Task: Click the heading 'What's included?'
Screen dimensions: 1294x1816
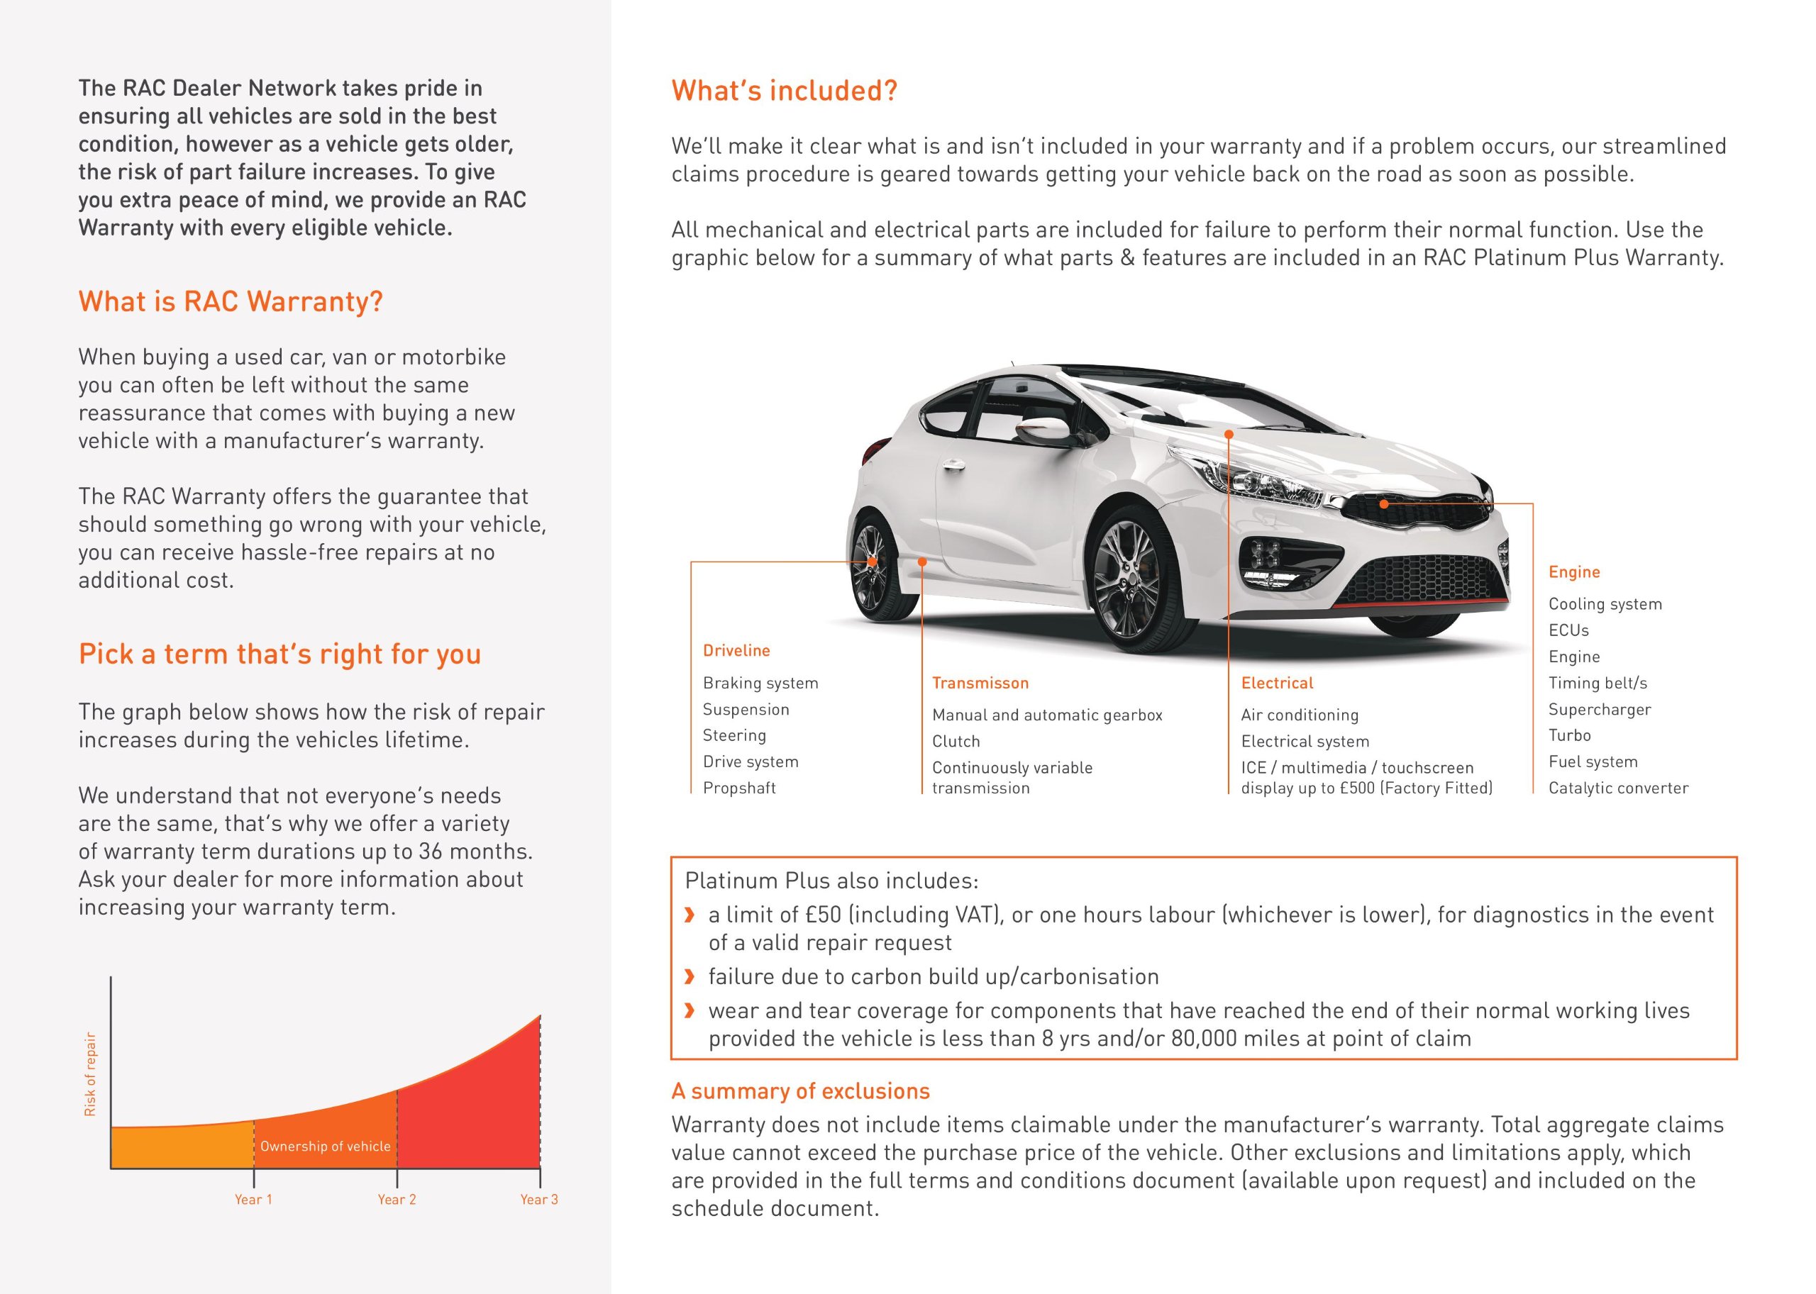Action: point(784,91)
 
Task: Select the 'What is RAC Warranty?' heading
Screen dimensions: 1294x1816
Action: point(231,301)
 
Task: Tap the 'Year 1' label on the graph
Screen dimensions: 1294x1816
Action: point(253,1199)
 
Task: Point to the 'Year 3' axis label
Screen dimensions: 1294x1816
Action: point(539,1199)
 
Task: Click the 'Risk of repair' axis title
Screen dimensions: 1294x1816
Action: point(90,1073)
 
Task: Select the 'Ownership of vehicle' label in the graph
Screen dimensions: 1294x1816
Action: point(326,1146)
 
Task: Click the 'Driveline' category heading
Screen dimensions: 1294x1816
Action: point(736,650)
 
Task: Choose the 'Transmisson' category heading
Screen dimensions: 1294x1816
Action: point(980,683)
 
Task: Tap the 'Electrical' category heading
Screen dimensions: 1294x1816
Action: point(1276,683)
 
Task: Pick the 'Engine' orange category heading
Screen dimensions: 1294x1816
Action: point(1573,571)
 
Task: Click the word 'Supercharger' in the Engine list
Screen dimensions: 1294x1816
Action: point(1599,709)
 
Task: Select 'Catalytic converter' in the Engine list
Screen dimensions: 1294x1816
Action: point(1617,788)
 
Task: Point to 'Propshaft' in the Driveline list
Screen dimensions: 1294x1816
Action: point(739,788)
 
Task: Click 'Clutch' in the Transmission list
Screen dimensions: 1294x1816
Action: point(955,741)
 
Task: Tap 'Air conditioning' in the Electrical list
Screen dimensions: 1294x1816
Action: point(1299,715)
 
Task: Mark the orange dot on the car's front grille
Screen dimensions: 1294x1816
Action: point(1384,503)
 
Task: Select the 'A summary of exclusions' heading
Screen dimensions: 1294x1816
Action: point(799,1091)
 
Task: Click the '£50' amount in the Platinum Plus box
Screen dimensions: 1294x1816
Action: point(823,915)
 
